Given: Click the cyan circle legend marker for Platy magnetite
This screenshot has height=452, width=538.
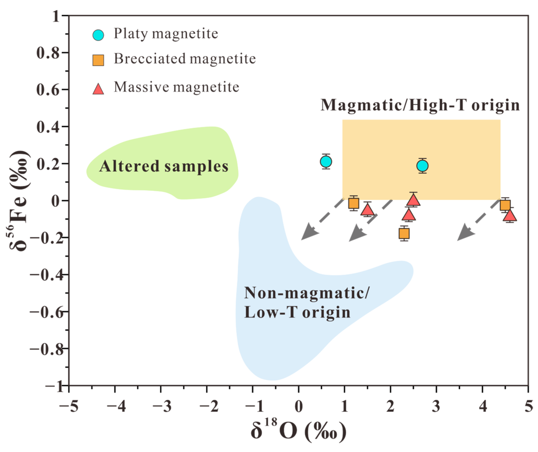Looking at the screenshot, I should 98,35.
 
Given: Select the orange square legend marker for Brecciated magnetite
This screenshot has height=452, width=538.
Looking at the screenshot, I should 98,60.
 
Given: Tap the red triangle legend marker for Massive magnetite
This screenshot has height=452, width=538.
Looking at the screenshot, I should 98,89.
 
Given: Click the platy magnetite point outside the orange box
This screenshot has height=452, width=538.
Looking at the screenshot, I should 326,161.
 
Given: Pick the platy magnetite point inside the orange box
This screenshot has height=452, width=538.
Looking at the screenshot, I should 422,166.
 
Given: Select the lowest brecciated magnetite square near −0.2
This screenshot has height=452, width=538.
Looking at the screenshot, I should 404,233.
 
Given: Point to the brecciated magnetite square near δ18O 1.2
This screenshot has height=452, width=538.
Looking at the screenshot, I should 354,203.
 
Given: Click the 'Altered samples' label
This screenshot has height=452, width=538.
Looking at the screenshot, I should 163,166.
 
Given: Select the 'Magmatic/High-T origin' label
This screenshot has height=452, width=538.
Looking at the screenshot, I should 420,105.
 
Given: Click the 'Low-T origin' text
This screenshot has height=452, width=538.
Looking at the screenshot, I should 297,312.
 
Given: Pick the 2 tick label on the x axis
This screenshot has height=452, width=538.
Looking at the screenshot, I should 390,406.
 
